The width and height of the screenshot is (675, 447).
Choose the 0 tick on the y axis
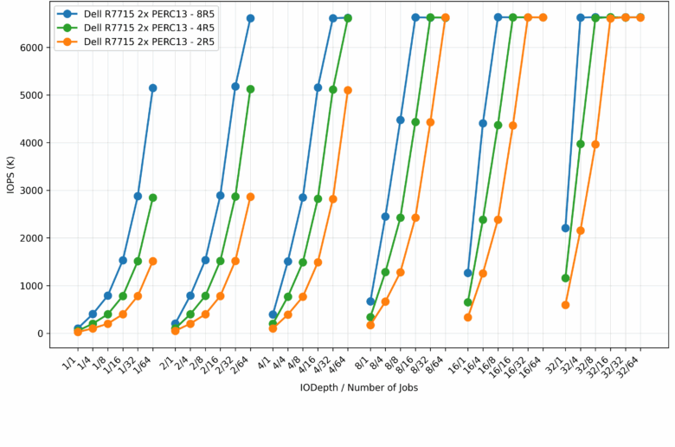[39, 334]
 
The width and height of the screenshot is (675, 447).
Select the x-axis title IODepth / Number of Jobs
[359, 387]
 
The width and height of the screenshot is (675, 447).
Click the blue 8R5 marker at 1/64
[153, 87]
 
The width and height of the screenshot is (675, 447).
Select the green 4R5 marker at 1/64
[153, 198]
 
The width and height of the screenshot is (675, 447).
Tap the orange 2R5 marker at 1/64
[153, 261]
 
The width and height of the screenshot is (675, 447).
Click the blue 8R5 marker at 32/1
[565, 228]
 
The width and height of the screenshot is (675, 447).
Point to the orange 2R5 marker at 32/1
[565, 305]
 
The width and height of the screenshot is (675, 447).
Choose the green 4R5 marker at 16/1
[468, 302]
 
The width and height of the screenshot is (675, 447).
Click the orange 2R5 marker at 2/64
[250, 197]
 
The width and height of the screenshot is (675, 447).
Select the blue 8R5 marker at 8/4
[385, 217]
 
